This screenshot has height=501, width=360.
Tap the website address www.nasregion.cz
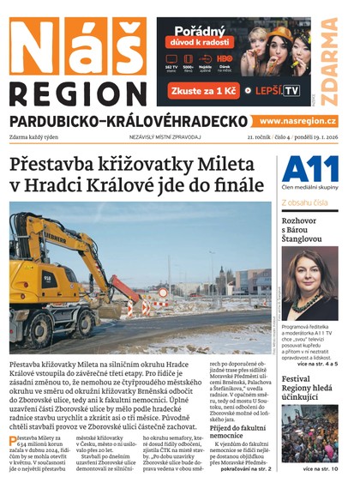tap(297, 122)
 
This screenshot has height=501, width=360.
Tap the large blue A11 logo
tap(309, 168)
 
